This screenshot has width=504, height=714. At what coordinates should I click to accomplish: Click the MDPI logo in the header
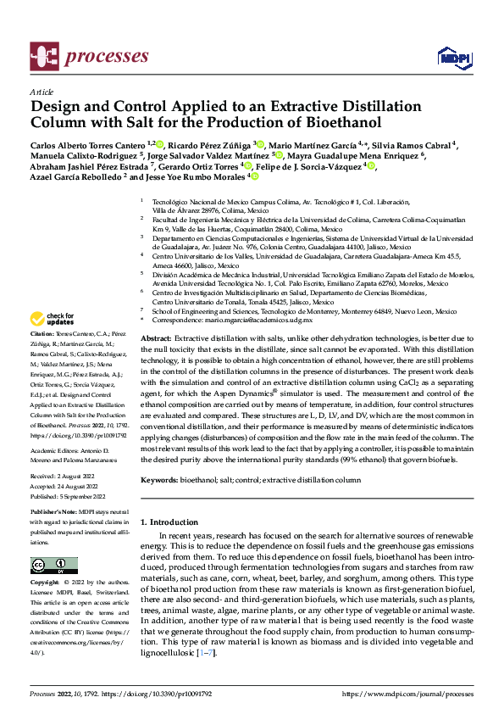tap(453, 58)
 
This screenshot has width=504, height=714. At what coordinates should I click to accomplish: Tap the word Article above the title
tap(41, 91)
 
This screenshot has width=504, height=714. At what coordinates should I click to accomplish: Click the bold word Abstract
tap(157, 338)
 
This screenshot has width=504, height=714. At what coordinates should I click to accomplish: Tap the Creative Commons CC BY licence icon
tap(54, 565)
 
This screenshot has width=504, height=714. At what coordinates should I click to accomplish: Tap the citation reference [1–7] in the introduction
tap(205, 653)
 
